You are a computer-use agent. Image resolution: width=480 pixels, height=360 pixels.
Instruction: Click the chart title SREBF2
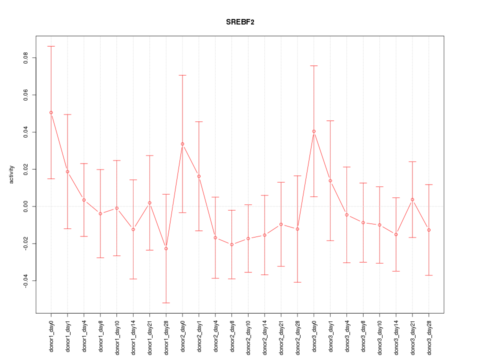coord(239,22)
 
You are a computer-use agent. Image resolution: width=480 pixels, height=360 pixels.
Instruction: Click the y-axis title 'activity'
coord(11,174)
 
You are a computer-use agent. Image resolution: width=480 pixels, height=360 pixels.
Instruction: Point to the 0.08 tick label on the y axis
coord(25,58)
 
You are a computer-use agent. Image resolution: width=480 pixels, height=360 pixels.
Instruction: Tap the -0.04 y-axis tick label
coord(25,280)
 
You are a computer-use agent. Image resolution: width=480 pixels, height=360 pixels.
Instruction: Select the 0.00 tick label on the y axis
coord(25,206)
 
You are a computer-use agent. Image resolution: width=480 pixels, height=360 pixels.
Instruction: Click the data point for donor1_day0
coord(51,112)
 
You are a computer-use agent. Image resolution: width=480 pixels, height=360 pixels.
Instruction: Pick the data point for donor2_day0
coord(182,144)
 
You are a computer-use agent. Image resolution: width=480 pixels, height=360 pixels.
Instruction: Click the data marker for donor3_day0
coord(314,131)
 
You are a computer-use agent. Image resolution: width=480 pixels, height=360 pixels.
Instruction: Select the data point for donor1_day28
coord(166,248)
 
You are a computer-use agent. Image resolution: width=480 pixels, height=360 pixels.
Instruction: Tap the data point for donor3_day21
coord(412,199)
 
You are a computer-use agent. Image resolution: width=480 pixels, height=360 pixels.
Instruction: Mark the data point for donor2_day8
coord(232,244)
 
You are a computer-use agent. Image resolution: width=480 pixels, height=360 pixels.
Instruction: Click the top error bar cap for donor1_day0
coord(51,46)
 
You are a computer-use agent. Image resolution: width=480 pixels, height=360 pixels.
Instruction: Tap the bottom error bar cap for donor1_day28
coord(166,303)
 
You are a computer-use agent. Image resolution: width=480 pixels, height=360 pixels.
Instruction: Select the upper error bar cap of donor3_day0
coord(314,65)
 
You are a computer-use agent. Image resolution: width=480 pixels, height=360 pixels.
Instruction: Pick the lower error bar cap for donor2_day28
coord(297,282)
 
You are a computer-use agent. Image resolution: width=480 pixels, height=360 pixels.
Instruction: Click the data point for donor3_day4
coord(346,214)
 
